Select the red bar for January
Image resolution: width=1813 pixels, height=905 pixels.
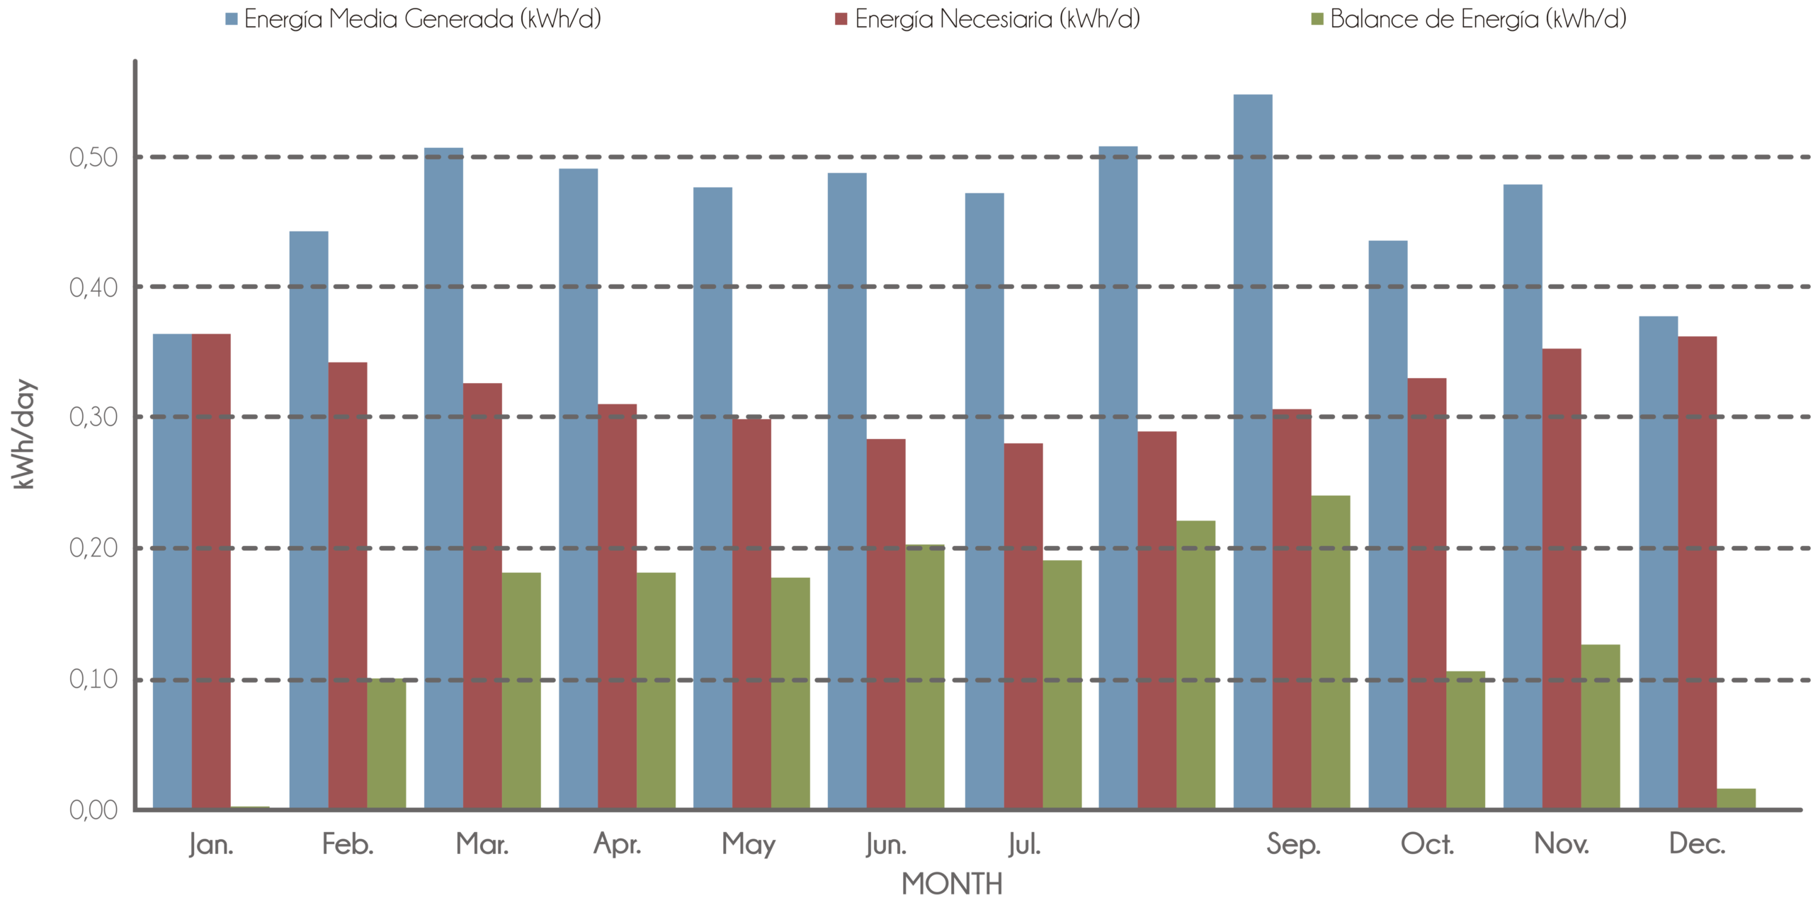coord(212,570)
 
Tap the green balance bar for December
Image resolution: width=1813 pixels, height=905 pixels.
coord(1737,798)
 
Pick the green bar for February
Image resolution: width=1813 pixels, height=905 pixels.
coord(387,744)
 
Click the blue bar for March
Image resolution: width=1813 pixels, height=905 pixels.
coord(443,478)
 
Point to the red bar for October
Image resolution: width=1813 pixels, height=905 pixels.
coord(1427,593)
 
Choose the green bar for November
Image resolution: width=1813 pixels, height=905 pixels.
coord(1601,726)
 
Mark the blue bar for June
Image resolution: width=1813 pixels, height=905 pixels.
coord(847,490)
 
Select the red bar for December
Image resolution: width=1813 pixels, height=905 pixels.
coord(1698,571)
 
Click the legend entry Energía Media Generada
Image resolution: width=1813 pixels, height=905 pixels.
coord(422,18)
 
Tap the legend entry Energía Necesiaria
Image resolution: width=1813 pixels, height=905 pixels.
coord(996,18)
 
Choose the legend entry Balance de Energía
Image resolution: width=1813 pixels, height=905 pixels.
coord(1477,18)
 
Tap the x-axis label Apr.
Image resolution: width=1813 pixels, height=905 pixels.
coord(618,845)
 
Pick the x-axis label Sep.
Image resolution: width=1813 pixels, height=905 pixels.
coord(1293,845)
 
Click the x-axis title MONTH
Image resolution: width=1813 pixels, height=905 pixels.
coord(952,884)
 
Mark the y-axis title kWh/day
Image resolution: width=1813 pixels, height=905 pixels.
coord(24,434)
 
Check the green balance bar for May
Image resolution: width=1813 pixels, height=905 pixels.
coord(791,693)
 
